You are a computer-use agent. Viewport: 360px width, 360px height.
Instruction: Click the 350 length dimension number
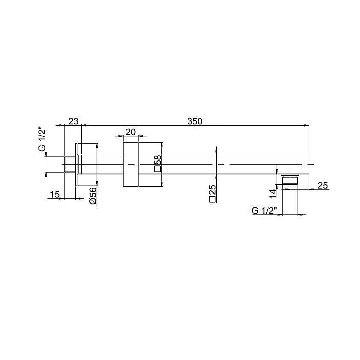[195, 121]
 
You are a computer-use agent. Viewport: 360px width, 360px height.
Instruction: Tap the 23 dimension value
[74, 121]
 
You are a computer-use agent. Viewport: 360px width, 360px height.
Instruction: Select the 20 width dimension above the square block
[131, 132]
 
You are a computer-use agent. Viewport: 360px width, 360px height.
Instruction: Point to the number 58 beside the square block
[158, 160]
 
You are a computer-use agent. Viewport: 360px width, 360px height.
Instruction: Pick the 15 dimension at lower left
[55, 195]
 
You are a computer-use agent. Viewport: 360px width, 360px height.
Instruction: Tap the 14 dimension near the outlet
[273, 194]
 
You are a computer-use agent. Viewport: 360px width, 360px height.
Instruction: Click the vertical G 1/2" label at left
[42, 141]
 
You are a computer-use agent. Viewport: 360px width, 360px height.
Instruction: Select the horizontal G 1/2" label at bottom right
[265, 210]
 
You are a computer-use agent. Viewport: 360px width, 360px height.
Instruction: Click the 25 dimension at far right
[323, 185]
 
